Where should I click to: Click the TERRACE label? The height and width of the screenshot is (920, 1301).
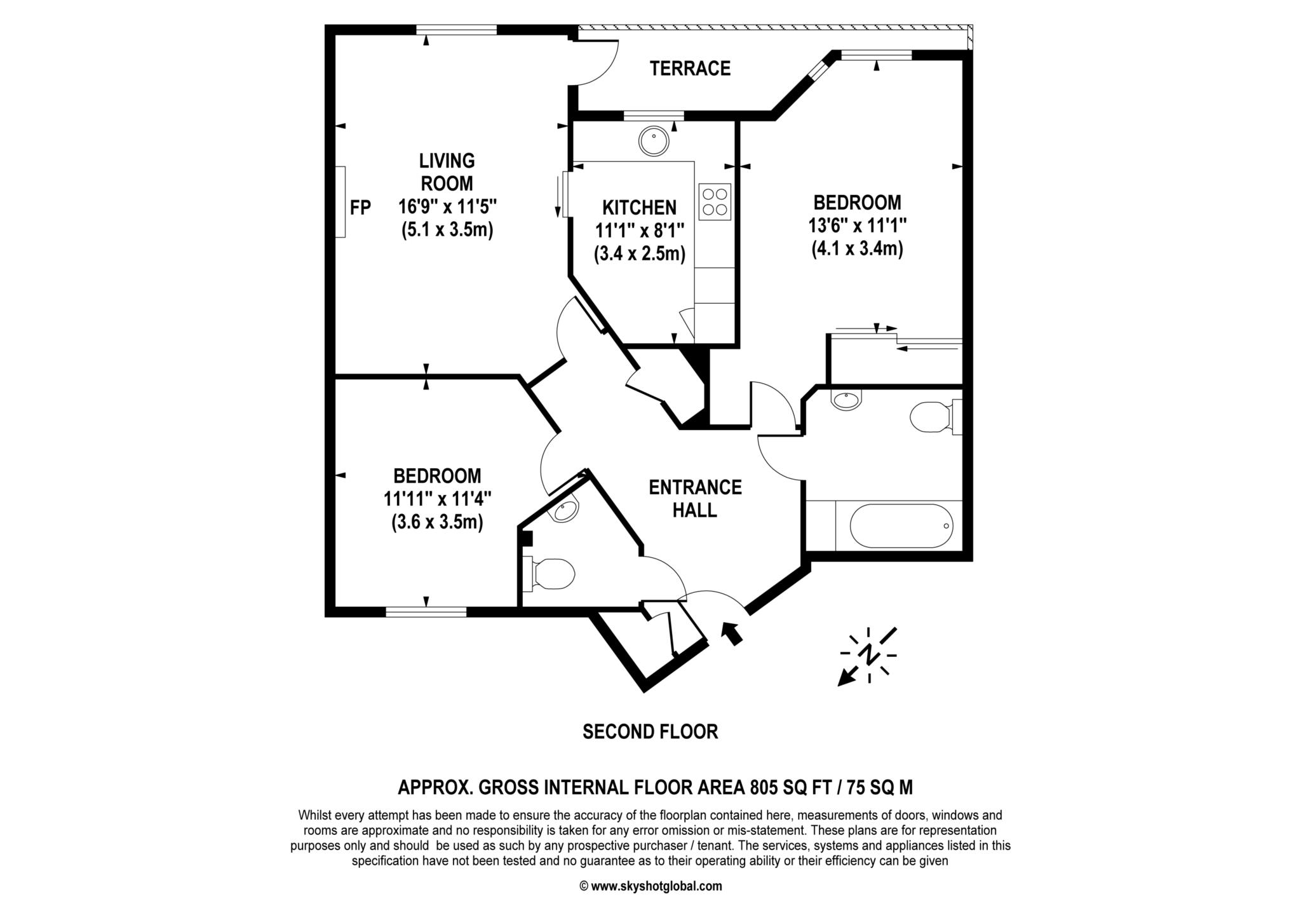pyautogui.click(x=690, y=68)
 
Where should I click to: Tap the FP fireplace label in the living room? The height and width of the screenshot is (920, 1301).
pyautogui.click(x=360, y=207)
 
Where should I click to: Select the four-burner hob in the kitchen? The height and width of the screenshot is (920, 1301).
pyautogui.click(x=715, y=202)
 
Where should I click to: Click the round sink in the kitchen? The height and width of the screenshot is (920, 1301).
pyautogui.click(x=654, y=141)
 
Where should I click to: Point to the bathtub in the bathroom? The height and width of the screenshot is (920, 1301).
pyautogui.click(x=901, y=526)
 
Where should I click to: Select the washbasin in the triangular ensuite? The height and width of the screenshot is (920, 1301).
pyautogui.click(x=566, y=510)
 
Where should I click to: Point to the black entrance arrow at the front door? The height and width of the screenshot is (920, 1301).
pyautogui.click(x=732, y=633)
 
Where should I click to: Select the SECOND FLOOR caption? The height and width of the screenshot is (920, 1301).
pyautogui.click(x=650, y=732)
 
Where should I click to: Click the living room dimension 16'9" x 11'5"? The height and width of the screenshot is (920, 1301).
pyautogui.click(x=447, y=206)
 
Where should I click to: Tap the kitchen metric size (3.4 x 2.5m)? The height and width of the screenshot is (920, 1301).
pyautogui.click(x=639, y=254)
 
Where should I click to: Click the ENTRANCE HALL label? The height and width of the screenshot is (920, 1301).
pyautogui.click(x=695, y=498)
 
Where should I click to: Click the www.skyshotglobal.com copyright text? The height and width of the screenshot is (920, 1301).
pyautogui.click(x=650, y=886)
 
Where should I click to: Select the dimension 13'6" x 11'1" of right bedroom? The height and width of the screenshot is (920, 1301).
pyautogui.click(x=857, y=226)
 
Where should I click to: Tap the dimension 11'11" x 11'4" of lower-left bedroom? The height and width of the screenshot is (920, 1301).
pyautogui.click(x=437, y=499)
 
